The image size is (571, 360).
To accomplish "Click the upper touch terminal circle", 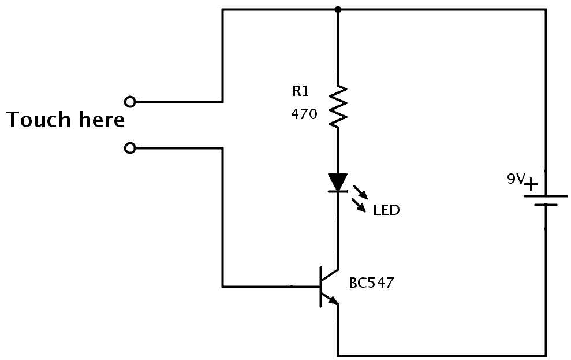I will [130, 102].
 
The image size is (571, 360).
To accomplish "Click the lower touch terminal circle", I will [130, 149].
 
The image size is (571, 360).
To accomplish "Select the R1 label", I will [301, 91].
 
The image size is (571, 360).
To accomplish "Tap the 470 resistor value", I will [304, 114].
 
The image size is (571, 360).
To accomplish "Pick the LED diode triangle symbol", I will [338, 181].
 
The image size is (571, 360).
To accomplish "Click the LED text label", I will [386, 210].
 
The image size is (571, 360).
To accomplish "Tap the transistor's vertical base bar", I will [321, 287].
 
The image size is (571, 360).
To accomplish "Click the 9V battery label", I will [515, 180].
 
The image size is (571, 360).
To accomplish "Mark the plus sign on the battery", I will [530, 184].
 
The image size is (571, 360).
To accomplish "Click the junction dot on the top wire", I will [338, 9].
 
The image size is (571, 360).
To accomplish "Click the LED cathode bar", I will [338, 191].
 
